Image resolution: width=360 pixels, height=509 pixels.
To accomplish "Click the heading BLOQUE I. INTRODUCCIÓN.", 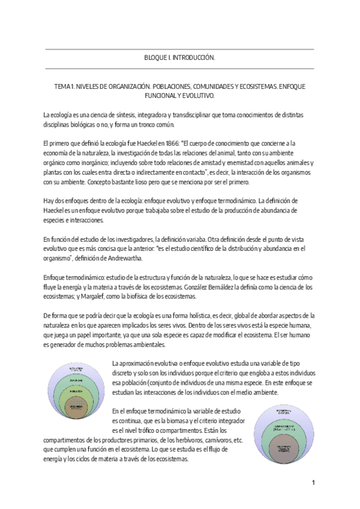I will click(180, 58).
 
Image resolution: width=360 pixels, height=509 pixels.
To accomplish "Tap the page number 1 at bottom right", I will click(313, 483).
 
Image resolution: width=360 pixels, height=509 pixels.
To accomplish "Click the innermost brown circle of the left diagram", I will click(72, 405).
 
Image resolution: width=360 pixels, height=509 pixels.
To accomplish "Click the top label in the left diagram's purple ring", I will click(72, 368).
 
